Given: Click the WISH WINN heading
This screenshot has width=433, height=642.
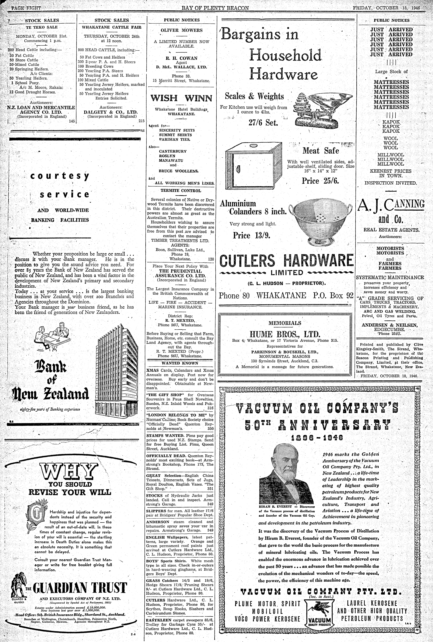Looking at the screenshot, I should [181, 98].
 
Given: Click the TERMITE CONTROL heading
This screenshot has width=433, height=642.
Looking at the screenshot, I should [181, 191].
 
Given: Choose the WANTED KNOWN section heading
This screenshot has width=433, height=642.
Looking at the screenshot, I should [180, 363].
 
